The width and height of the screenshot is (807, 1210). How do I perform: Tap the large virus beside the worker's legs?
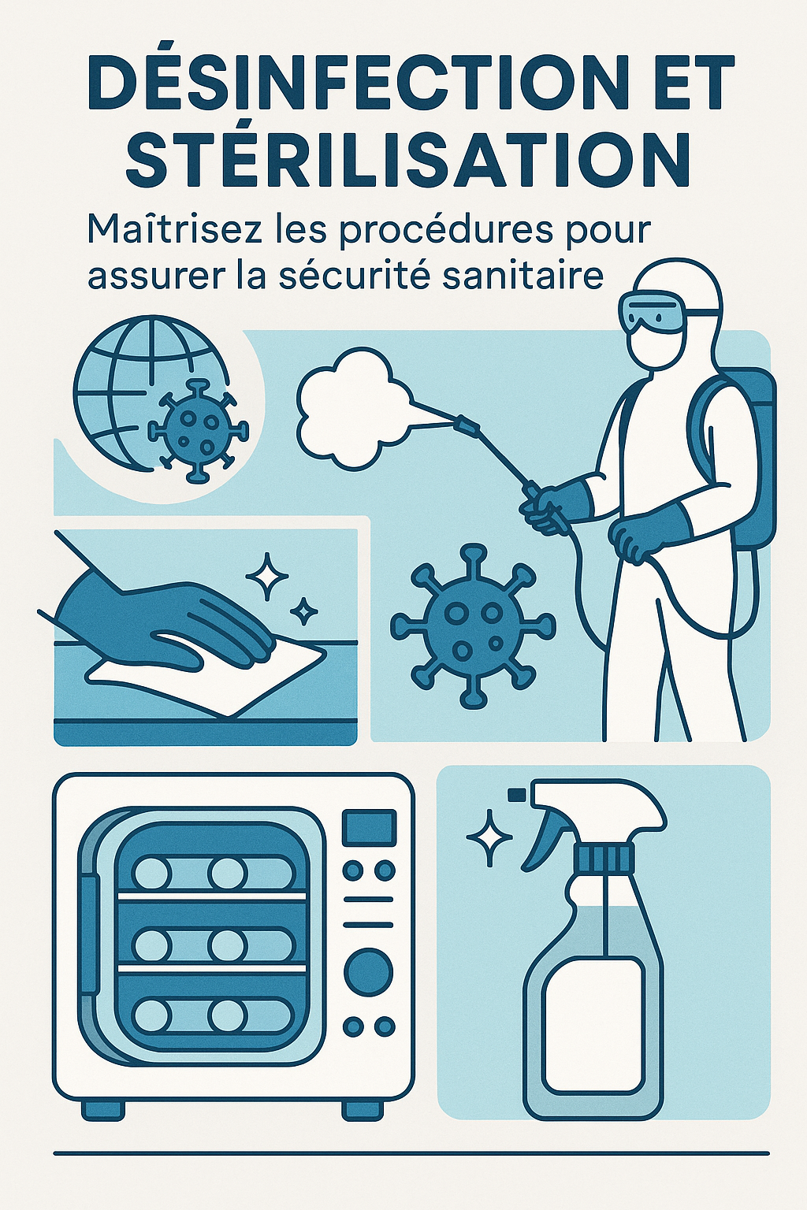(x=473, y=625)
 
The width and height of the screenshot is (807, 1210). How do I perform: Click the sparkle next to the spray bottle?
(x=489, y=837)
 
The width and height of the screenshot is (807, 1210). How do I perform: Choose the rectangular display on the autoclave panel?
(x=368, y=828)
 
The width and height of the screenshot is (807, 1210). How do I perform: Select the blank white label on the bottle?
(x=594, y=1024)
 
